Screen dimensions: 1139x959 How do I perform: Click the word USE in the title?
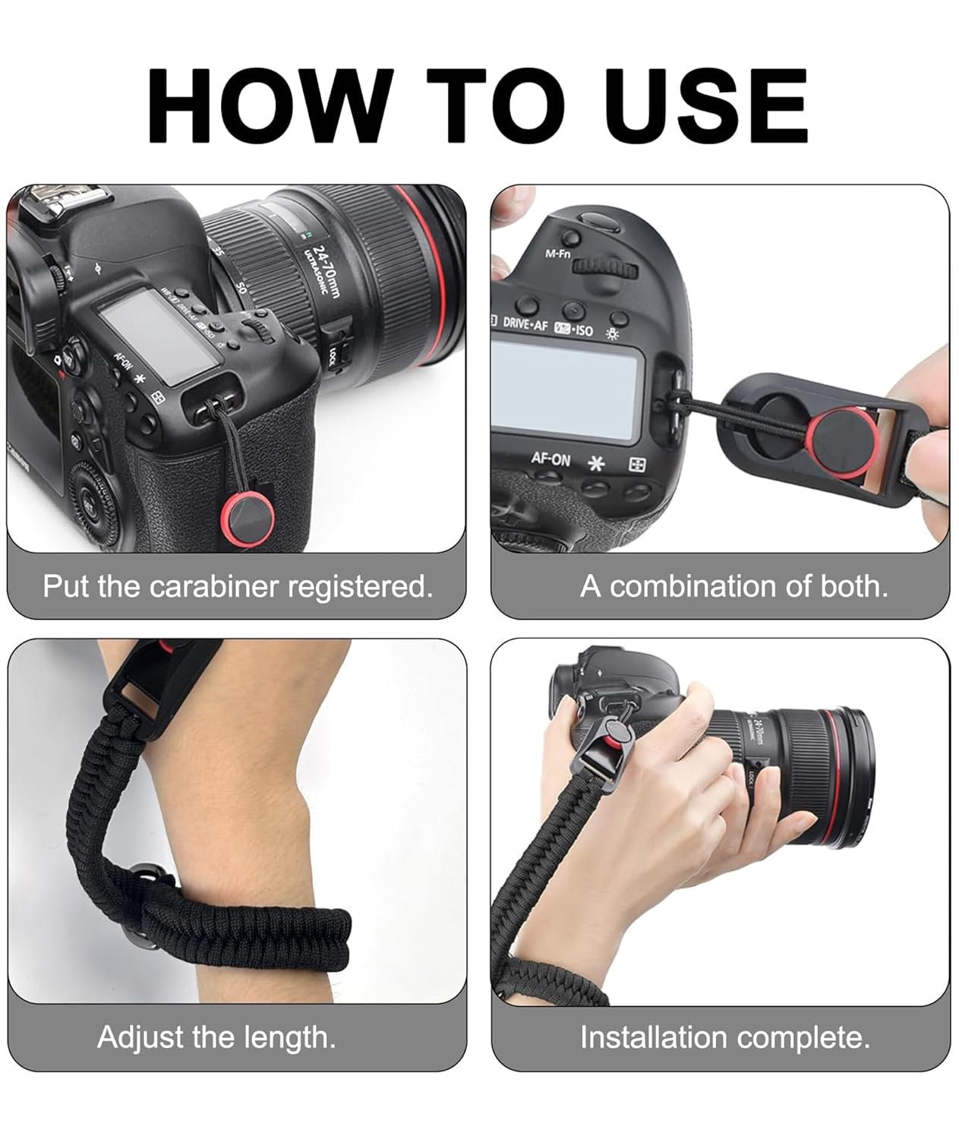[x=704, y=104]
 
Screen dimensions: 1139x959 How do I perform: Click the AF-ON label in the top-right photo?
[x=550, y=459]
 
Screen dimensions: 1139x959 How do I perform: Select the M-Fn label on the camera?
[x=558, y=254]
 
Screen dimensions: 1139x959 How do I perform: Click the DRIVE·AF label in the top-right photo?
[x=526, y=322]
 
